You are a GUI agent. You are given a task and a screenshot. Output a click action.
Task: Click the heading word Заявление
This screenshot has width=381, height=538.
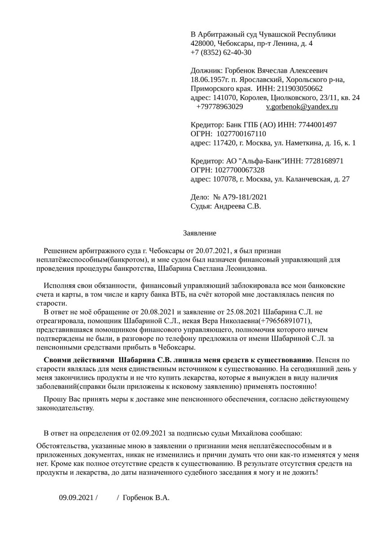pos(200,233)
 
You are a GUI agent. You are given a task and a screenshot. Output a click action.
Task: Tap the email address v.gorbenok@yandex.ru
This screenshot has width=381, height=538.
pos(302,107)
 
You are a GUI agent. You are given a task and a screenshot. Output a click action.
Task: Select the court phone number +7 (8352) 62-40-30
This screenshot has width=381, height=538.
pos(221,52)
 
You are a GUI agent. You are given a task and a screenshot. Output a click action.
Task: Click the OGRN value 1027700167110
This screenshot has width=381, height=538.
pos(241,134)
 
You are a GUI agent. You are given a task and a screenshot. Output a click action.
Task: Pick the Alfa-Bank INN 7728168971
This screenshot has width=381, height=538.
pos(324,161)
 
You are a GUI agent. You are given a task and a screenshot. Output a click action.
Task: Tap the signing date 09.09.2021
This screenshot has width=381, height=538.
pos(77,498)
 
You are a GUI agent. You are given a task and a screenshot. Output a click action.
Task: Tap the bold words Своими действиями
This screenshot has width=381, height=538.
pos(78,360)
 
